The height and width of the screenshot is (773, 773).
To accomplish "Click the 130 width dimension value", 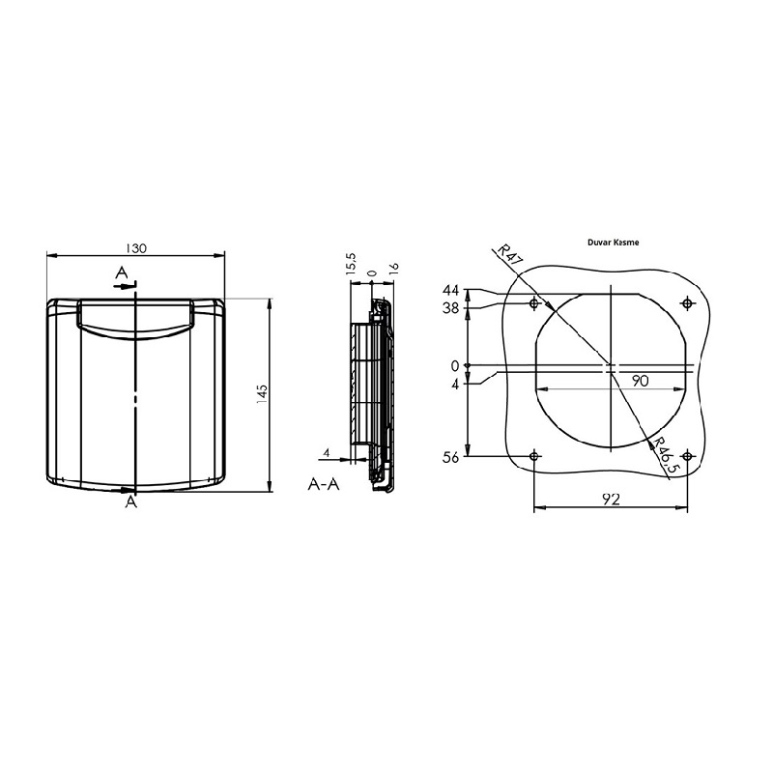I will (136, 248).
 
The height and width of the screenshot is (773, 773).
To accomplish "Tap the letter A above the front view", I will (121, 272).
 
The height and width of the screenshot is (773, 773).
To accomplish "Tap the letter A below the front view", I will (130, 502).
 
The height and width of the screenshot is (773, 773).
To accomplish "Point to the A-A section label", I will (324, 484).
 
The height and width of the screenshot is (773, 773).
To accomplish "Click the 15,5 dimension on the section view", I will (353, 264).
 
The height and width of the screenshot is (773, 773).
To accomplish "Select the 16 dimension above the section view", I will (394, 270).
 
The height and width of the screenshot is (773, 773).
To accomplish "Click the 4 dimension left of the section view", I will (328, 452).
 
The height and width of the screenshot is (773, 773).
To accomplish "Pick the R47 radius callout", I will (509, 256).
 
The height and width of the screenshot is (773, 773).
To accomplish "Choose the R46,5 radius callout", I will (664, 456).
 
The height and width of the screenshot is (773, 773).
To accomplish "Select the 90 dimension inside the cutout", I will (639, 381).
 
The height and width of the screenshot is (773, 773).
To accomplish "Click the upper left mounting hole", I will (534, 304).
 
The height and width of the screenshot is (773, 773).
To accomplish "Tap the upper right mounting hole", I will (687, 304).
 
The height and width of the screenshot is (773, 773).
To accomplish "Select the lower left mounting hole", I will (534, 455).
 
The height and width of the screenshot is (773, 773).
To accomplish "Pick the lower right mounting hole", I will (687, 455).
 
